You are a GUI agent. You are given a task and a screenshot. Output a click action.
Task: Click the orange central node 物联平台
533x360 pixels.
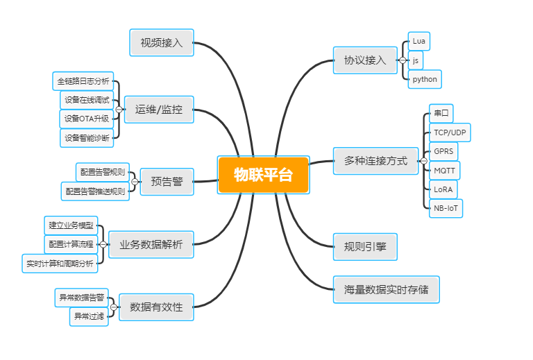point(263,175)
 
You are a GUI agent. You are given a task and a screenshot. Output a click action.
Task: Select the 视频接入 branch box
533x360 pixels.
point(161,42)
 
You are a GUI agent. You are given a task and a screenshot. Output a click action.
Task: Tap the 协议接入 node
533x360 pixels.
point(365,60)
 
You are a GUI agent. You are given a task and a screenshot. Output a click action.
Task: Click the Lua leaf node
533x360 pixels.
point(418,41)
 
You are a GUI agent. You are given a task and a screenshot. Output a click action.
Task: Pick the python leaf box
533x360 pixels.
point(425,79)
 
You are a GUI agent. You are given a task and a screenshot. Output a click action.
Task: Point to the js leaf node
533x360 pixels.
point(416,60)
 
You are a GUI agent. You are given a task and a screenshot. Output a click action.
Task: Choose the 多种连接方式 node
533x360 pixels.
point(375,160)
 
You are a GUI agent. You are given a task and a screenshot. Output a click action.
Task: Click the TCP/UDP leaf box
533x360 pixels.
point(449,132)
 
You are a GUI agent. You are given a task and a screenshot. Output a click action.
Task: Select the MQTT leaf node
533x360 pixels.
point(444,170)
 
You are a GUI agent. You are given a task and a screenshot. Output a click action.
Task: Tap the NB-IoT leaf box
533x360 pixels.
point(446,208)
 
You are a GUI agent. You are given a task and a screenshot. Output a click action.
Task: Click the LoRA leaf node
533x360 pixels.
point(443,189)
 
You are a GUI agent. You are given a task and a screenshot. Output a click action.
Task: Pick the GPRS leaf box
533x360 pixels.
point(443,151)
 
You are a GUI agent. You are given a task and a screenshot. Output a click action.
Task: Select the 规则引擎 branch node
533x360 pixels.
point(365,246)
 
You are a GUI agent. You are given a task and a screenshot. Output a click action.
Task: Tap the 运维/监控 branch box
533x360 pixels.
point(159,109)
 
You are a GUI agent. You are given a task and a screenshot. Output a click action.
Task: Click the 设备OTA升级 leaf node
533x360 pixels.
point(87,119)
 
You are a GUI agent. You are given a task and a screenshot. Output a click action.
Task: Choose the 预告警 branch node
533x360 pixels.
point(167,182)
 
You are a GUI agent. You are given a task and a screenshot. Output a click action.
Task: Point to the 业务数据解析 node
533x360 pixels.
point(151,244)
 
